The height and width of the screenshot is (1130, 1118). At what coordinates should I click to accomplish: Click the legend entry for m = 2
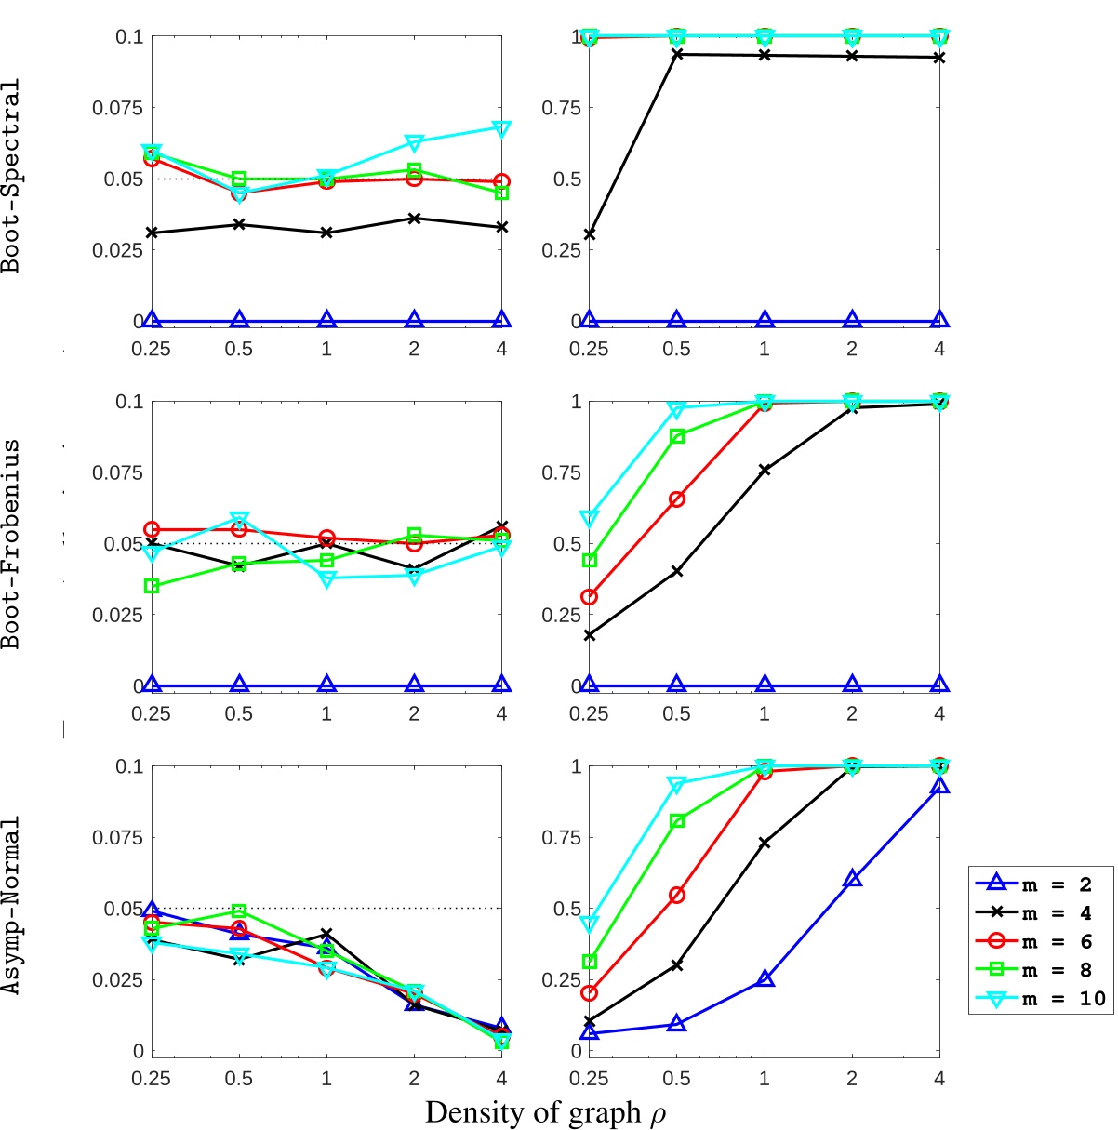coord(1040,884)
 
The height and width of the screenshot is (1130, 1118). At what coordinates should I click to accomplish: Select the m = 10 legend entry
coord(1040,998)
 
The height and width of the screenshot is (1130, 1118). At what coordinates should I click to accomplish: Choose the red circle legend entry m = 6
coord(1040,941)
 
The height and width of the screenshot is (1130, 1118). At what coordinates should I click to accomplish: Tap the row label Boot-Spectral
coord(11,177)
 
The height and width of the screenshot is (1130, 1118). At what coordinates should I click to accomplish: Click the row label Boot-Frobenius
coord(11,543)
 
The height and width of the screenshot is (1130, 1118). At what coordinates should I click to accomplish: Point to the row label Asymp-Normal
coord(11,906)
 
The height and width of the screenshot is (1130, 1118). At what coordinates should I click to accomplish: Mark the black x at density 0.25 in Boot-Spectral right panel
coord(589,234)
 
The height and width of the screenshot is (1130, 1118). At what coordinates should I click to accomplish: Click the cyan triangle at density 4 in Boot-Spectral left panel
coord(502,127)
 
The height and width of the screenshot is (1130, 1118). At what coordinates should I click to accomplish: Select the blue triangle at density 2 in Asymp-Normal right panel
coord(852,879)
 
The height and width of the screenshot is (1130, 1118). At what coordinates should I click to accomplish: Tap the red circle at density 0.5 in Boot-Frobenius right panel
coord(677,499)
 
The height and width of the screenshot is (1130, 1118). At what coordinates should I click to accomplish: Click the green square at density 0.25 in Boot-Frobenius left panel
coord(152,586)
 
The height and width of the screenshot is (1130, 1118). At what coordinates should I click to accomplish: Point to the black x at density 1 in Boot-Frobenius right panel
coord(765,471)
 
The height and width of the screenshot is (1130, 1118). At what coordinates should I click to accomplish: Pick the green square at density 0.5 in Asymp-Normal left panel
coord(239,911)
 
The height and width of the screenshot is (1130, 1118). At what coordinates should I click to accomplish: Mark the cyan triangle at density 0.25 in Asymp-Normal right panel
coord(589,924)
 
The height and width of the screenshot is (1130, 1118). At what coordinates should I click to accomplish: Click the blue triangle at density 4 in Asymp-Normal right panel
coord(939,787)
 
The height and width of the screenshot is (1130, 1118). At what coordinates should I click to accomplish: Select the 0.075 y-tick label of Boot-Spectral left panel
coord(117,108)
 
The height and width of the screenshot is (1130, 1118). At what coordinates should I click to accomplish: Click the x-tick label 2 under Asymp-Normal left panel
coord(414,1079)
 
